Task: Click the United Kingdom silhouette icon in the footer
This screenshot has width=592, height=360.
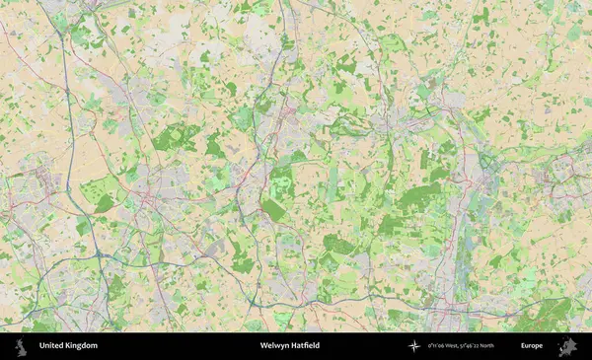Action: [x=20, y=346]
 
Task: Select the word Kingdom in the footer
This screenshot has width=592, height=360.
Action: [x=82, y=346]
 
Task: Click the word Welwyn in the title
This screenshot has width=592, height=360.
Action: [x=273, y=346]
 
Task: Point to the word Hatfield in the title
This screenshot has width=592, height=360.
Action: [x=306, y=346]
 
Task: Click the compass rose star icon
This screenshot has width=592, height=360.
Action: [x=414, y=346]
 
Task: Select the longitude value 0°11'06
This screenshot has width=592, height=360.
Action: [x=440, y=346]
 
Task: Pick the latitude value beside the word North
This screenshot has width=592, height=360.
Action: [x=489, y=346]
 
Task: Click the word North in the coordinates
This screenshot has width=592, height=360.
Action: [x=513, y=346]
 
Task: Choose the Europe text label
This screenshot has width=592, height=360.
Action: [x=532, y=346]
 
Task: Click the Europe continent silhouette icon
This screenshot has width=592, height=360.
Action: [x=567, y=346]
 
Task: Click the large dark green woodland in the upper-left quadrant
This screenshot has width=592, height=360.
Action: [x=175, y=137]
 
